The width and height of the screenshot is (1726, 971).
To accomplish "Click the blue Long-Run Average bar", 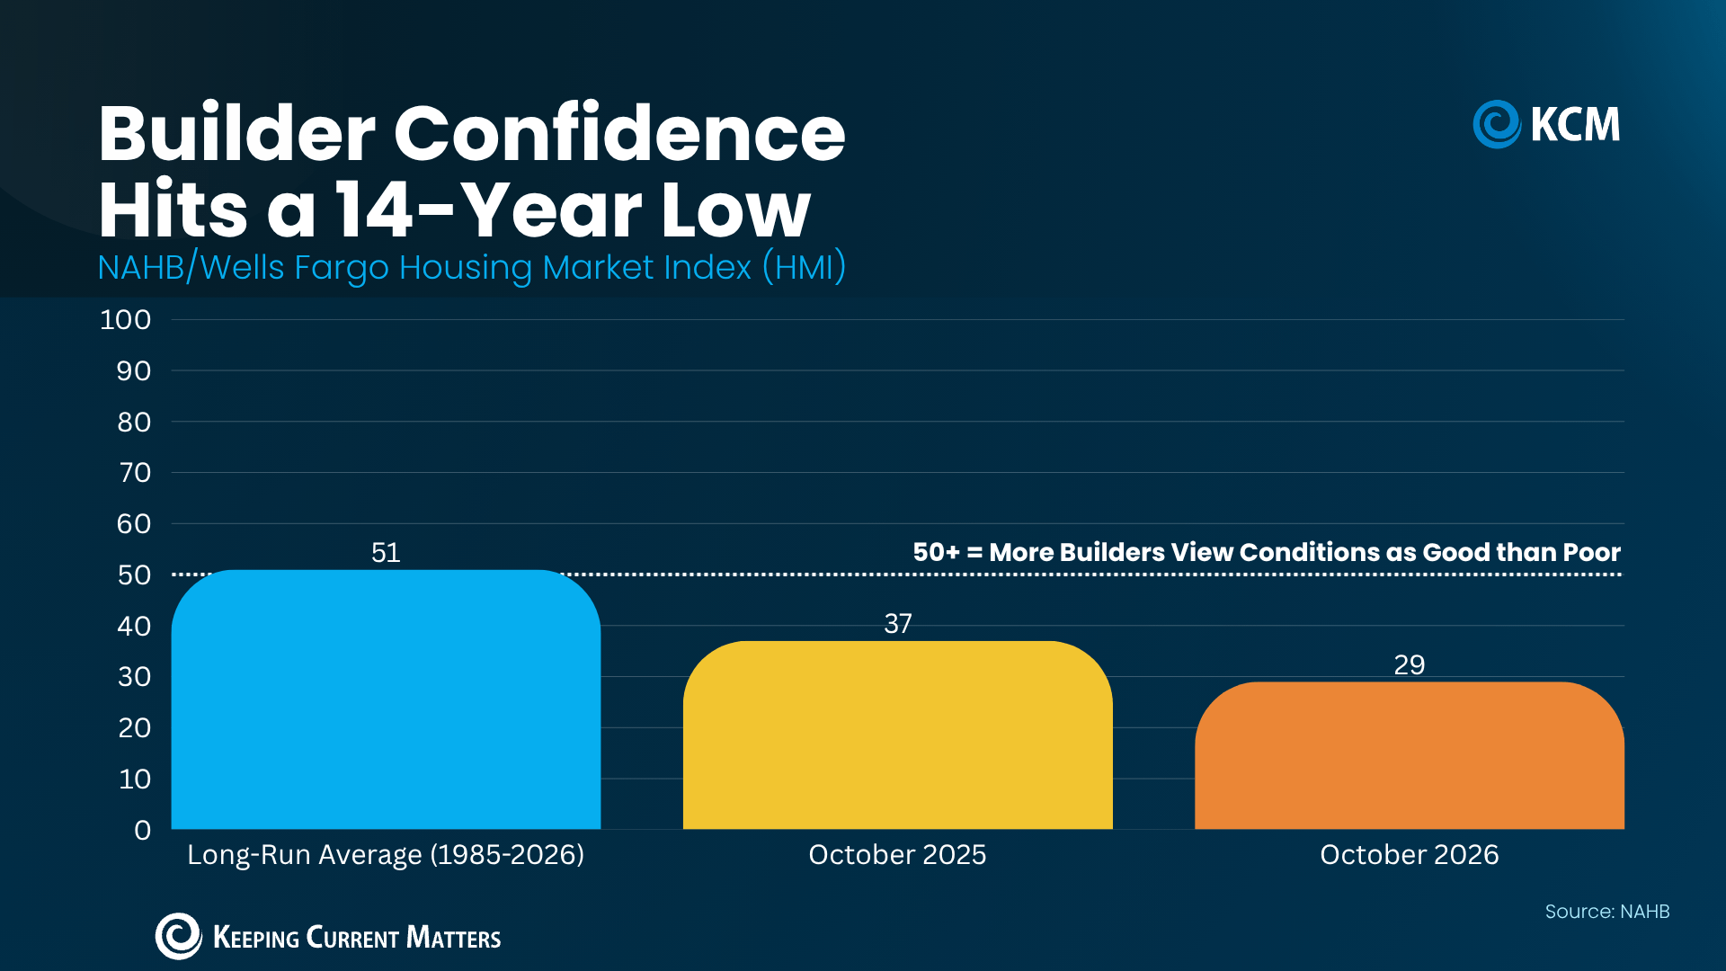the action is pyautogui.click(x=386, y=699).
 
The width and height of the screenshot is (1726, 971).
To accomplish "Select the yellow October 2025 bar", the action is pyautogui.click(x=897, y=735).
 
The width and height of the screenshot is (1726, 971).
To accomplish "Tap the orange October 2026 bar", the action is pyautogui.click(x=1410, y=755).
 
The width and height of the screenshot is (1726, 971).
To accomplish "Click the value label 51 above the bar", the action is pyautogui.click(x=386, y=552).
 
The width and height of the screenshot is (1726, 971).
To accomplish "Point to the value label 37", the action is pyautogui.click(x=898, y=623).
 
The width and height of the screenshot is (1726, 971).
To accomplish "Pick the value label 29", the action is pyautogui.click(x=1410, y=664).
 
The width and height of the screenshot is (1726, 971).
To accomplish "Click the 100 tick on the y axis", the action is pyautogui.click(x=125, y=319).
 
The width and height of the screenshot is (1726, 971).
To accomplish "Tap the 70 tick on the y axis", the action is pyautogui.click(x=135, y=472).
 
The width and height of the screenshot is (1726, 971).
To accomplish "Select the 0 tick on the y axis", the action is pyautogui.click(x=142, y=830).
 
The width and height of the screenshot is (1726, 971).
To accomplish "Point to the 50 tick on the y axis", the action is pyautogui.click(x=134, y=575).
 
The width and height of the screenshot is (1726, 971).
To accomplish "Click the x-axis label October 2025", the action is pyautogui.click(x=897, y=854).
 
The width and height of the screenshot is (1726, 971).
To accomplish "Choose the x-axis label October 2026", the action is pyautogui.click(x=1410, y=854).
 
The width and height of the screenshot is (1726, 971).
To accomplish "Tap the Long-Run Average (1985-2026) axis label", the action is pyautogui.click(x=386, y=854).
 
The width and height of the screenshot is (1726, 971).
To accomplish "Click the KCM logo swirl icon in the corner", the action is pyautogui.click(x=1497, y=124).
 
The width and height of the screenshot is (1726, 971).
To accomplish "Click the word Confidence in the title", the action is pyautogui.click(x=619, y=133).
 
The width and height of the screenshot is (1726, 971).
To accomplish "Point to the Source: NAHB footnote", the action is pyautogui.click(x=1607, y=912).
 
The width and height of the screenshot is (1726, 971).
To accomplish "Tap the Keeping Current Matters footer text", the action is pyautogui.click(x=357, y=938).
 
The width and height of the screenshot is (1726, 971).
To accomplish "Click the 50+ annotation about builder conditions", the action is pyautogui.click(x=1267, y=552).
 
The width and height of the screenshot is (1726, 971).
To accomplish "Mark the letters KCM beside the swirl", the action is pyautogui.click(x=1575, y=124).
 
